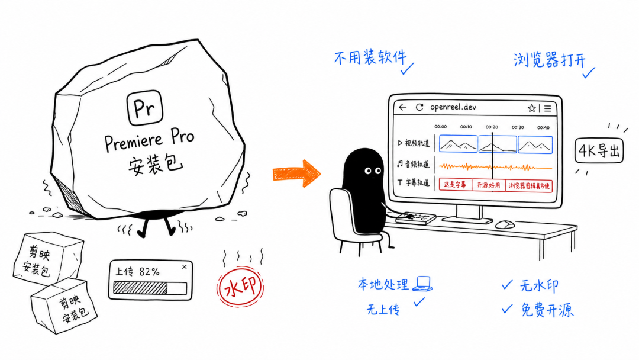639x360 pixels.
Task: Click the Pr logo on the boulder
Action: pyautogui.click(x=145, y=108)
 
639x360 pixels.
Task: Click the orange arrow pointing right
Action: pyautogui.click(x=296, y=173)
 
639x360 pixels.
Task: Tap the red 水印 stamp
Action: pyautogui.click(x=240, y=287)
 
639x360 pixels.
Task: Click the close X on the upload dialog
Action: pyautogui.click(x=185, y=267)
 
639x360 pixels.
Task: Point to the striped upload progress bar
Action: pyautogui.click(x=140, y=288)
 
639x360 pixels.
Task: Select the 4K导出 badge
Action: pyautogui.click(x=599, y=151)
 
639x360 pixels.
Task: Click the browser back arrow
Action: pyautogui.click(x=403, y=107)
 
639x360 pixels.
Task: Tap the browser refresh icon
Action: pyautogui.click(x=419, y=107)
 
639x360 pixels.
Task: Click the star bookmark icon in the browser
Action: pyautogui.click(x=531, y=108)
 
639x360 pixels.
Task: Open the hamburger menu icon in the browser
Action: pyautogui.click(x=548, y=108)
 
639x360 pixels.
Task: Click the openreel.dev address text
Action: pyautogui.click(x=453, y=107)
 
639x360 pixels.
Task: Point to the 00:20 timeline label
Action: pyautogui.click(x=492, y=127)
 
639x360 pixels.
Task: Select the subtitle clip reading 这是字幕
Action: pyautogui.click(x=455, y=185)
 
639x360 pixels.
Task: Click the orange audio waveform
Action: pyautogui.click(x=496, y=167)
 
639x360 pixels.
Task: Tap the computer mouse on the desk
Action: pyautogui.click(x=505, y=224)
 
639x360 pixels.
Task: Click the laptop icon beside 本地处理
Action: pyautogui.click(x=422, y=284)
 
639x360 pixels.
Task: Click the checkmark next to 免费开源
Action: pyautogui.click(x=507, y=309)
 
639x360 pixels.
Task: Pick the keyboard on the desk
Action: pyautogui.click(x=415, y=218)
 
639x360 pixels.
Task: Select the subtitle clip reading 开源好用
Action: pyautogui.click(x=488, y=185)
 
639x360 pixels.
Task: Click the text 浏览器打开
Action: pyautogui.click(x=549, y=60)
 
